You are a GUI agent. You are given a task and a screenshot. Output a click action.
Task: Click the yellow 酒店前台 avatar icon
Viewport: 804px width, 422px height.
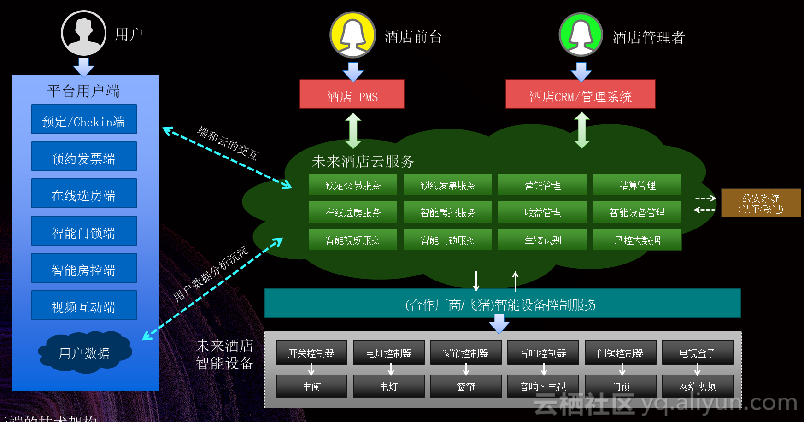353,35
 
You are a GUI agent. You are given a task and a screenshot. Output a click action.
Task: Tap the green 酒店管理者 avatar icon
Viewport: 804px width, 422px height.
581,35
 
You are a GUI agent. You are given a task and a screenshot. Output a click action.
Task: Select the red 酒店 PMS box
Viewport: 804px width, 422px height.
352,94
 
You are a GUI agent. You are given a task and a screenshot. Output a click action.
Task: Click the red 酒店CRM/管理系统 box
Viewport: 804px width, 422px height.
580,94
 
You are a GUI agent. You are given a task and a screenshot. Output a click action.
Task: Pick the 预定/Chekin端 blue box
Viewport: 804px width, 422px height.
84,119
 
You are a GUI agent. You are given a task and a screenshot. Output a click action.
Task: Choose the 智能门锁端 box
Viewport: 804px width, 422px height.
84,231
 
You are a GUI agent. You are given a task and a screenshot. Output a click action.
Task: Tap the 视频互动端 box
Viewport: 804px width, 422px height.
84,305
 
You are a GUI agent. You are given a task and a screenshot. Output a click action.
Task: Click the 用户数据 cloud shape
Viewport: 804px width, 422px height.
85,352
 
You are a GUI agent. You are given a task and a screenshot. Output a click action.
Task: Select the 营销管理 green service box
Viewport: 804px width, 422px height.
542,185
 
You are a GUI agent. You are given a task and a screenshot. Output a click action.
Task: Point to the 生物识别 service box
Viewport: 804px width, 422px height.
542,240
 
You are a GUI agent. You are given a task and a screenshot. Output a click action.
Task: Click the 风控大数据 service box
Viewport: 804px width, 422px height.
637,240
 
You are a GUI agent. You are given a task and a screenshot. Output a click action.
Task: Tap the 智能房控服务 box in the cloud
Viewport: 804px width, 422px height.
447,212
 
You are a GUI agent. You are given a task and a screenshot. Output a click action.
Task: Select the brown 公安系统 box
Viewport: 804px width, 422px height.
761,203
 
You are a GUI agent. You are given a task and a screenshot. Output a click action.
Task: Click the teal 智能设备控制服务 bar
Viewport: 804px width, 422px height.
502,304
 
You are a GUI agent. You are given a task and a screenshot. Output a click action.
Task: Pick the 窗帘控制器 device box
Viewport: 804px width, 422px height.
465,352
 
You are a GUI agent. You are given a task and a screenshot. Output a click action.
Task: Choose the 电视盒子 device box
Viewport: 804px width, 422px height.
697,352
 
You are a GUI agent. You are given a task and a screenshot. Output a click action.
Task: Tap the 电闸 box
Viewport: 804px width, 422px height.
311,386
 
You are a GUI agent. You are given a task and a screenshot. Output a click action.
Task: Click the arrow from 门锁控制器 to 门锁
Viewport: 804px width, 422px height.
622,369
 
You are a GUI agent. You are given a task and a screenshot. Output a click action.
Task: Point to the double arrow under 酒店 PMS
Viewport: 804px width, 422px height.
353,131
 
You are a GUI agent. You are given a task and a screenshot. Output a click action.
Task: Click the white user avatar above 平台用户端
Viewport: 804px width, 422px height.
83,33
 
